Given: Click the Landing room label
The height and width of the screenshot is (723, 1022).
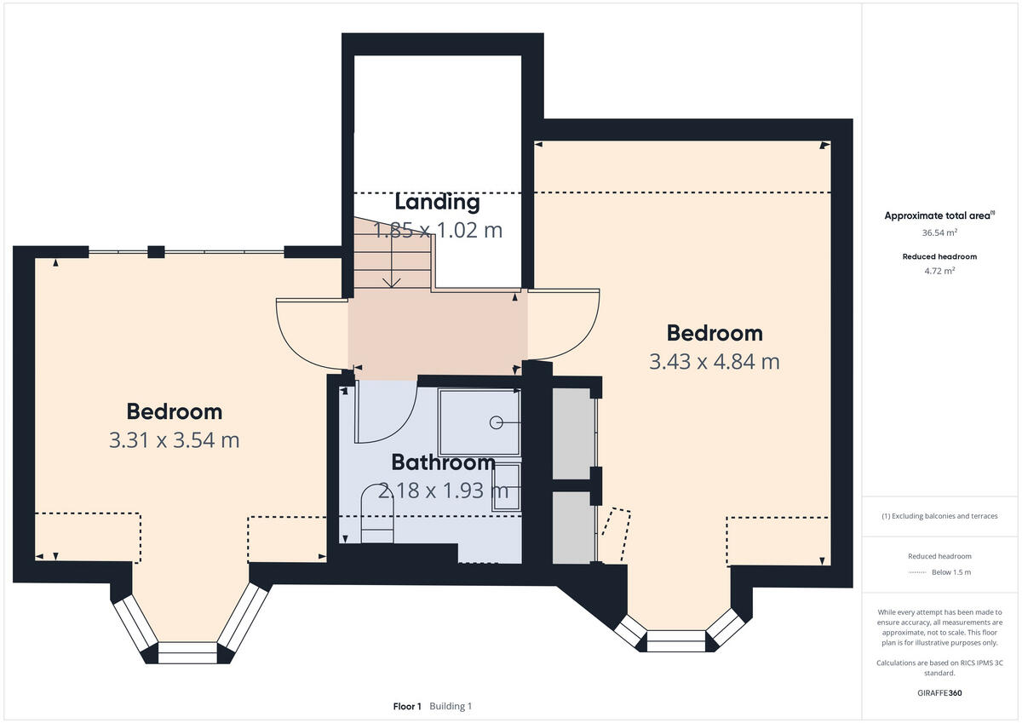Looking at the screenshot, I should (x=437, y=203).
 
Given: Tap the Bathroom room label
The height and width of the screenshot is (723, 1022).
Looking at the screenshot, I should (x=443, y=462).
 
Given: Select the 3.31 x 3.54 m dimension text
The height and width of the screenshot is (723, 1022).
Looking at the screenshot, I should (x=174, y=440).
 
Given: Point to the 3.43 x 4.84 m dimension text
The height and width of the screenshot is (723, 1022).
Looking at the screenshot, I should (x=714, y=361).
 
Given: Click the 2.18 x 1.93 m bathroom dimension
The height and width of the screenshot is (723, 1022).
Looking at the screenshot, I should (x=443, y=491).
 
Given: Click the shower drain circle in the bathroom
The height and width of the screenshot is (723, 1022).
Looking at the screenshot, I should (x=496, y=422).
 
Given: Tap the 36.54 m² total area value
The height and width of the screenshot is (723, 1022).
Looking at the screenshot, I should (x=939, y=232).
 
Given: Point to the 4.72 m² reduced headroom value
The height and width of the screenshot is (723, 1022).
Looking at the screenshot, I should (x=939, y=271).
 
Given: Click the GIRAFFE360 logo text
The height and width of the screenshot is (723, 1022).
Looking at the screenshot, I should (x=939, y=693).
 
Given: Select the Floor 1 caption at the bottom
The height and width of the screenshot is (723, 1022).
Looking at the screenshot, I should (x=407, y=707).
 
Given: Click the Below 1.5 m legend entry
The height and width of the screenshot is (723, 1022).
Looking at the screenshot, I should (x=950, y=572).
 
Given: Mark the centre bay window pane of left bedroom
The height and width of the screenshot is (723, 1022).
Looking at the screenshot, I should (x=188, y=653).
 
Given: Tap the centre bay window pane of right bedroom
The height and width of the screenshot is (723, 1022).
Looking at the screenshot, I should (x=676, y=640).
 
